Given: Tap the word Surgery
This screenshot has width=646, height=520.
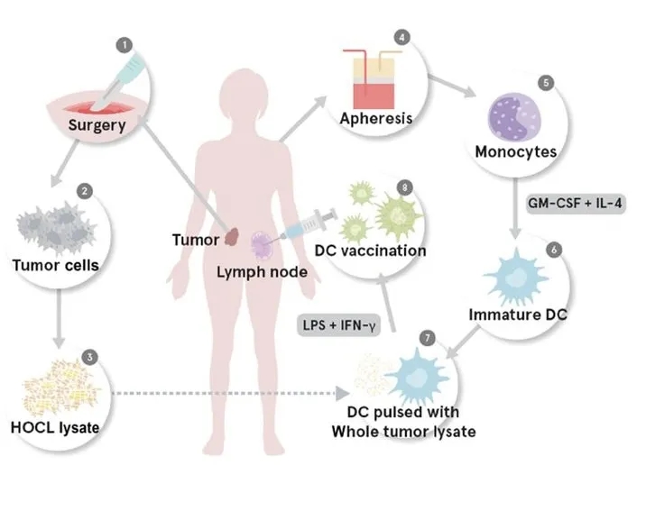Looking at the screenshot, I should (x=97, y=125).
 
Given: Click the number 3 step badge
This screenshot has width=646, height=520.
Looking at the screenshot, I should (x=89, y=357).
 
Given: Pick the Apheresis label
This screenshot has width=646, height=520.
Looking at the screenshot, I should (x=376, y=118).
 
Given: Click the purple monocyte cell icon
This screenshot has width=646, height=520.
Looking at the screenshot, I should (x=513, y=115).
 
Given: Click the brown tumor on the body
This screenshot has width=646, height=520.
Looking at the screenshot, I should (x=233, y=238).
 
